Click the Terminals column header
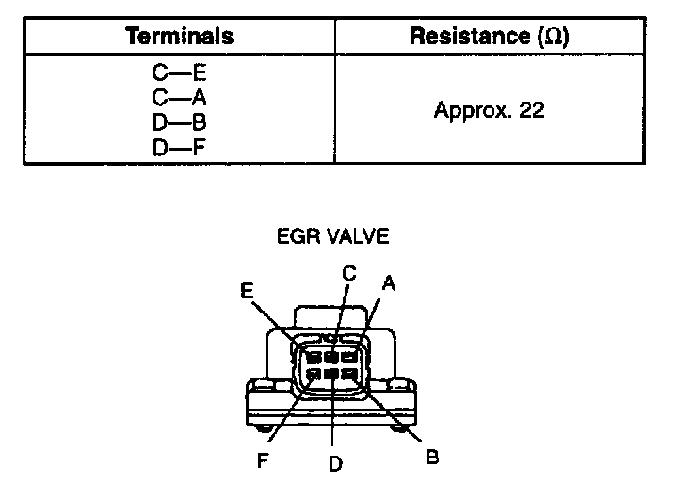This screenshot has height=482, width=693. [179, 37]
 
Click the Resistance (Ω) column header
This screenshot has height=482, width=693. [490, 37]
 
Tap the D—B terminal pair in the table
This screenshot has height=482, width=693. [179, 121]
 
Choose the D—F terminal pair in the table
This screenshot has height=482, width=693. [179, 148]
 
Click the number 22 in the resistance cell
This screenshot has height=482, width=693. [531, 110]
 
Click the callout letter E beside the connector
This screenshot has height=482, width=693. [247, 292]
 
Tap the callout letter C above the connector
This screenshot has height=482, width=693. [348, 273]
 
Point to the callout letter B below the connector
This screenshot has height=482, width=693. [432, 457]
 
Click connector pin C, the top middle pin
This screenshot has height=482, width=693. [331, 357]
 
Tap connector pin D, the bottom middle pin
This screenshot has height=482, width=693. [331, 375]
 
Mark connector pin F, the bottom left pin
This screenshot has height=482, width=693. [314, 375]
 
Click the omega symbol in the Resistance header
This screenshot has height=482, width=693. [555, 37]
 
